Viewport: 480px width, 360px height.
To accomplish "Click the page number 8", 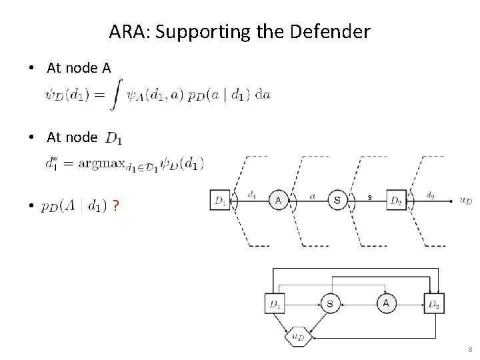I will point(470,349).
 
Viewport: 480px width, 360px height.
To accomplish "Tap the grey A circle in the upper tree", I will point(279,199).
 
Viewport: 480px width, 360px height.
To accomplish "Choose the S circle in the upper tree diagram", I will point(337,199).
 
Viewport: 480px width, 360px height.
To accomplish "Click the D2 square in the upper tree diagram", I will point(396,199).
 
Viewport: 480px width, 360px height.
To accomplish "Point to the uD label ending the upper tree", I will point(465,200).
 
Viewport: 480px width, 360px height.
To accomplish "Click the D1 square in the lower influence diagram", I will point(275,303).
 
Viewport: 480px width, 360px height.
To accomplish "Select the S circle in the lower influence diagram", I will point(330,303).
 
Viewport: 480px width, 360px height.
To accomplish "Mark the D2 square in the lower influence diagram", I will point(434,303).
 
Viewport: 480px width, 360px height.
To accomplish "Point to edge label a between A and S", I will point(312,195).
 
